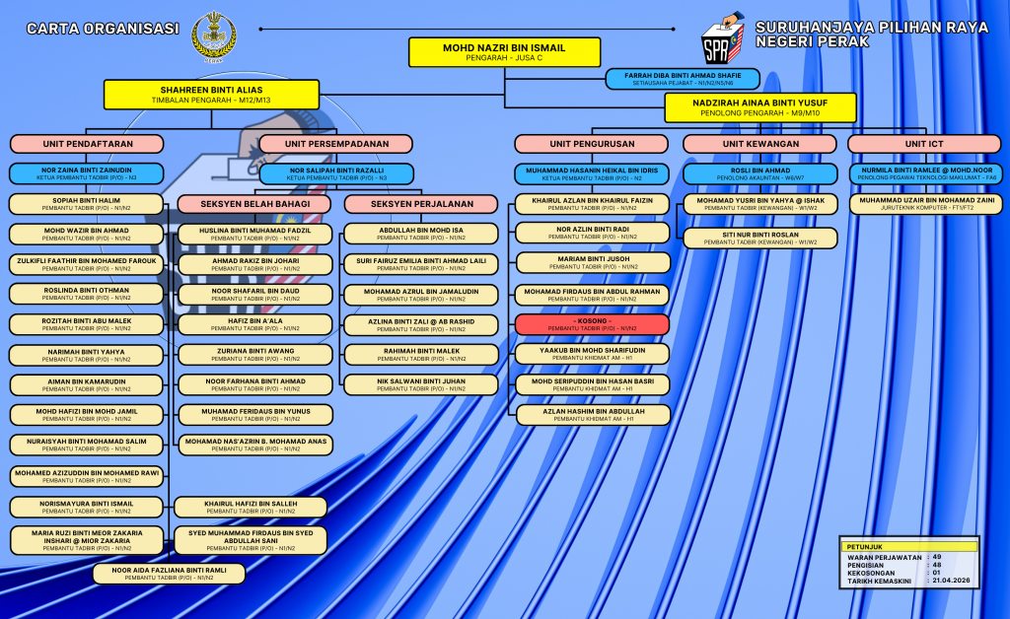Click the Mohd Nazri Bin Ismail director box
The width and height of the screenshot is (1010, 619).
[504, 52]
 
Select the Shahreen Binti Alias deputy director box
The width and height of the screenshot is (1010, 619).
[211, 94]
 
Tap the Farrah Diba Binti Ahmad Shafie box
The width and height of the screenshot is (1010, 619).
[682, 79]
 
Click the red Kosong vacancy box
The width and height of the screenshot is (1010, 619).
[592, 324]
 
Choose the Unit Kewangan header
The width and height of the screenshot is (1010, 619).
[759, 144]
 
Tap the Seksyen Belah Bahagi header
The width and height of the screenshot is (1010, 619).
[254, 204]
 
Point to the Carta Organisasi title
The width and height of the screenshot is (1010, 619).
[103, 29]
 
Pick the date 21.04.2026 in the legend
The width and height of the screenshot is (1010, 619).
[952, 581]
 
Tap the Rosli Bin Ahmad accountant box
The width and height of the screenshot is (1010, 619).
[759, 174]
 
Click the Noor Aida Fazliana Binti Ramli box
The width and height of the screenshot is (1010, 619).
[169, 574]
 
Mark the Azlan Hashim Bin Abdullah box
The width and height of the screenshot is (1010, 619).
[592, 414]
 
